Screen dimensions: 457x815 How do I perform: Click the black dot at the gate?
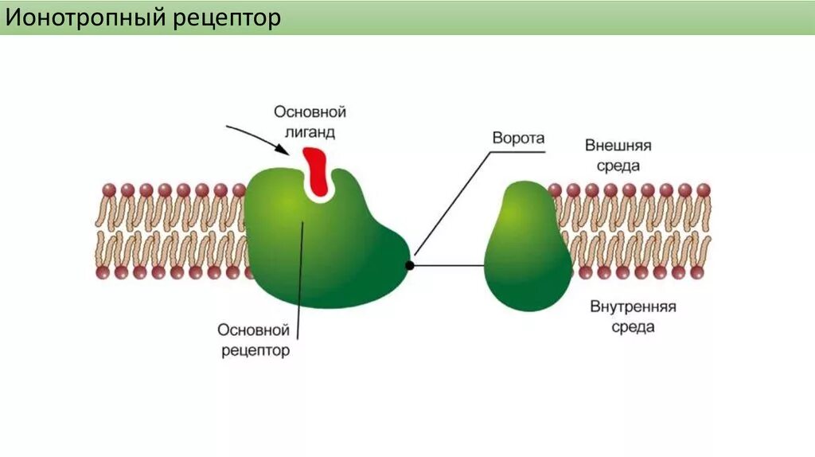click(x=410, y=265)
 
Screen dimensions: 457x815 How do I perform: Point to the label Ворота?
click(x=518, y=138)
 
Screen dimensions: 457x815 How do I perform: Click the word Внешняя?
click(x=618, y=146)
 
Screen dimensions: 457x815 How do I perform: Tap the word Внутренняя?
click(x=633, y=307)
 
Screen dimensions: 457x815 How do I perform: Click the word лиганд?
click(x=310, y=132)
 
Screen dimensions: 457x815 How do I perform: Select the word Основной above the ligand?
click(x=310, y=112)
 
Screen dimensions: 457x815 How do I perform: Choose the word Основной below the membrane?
click(x=253, y=329)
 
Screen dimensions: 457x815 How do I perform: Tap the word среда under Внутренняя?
click(x=634, y=327)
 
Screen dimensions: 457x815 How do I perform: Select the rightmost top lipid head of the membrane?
click(x=704, y=190)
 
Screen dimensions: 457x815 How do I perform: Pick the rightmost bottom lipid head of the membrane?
click(x=698, y=272)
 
